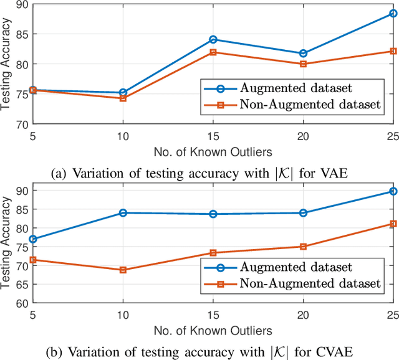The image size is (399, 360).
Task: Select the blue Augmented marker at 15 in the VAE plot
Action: tap(213, 39)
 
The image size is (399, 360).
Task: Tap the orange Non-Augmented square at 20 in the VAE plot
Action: tap(303, 64)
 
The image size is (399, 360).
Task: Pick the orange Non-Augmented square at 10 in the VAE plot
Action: tap(123, 98)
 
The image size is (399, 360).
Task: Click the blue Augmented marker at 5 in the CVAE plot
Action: tap(32, 239)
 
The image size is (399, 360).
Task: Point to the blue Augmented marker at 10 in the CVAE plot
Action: tap(123, 213)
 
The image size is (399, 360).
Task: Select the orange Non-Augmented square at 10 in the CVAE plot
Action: tap(123, 270)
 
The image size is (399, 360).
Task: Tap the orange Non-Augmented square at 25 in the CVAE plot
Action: tap(393, 224)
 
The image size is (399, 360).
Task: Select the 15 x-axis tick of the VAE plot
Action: tap(213, 135)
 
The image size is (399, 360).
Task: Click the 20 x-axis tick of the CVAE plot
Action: tap(303, 315)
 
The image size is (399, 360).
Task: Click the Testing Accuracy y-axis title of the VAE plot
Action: tap(6, 64)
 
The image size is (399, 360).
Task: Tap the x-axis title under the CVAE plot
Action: tap(213, 329)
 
